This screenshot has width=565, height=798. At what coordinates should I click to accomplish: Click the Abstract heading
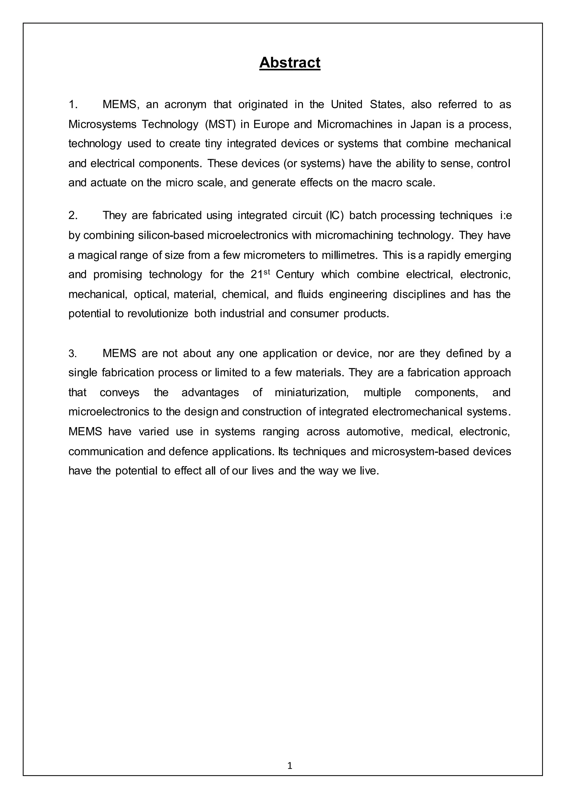[289, 63]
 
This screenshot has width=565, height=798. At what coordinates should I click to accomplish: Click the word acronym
[185, 104]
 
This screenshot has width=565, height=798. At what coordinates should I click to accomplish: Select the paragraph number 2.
[73, 215]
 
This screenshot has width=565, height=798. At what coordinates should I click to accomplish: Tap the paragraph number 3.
[72, 354]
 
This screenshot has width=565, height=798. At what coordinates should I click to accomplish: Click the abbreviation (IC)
[335, 215]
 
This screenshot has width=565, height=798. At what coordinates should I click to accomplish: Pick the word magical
[97, 255]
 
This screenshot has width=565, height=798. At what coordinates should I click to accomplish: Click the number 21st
[260, 274]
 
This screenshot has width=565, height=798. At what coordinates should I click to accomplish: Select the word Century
[295, 274]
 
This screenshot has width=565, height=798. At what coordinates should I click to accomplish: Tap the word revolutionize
[158, 314]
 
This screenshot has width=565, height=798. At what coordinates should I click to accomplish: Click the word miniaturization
[311, 392]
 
